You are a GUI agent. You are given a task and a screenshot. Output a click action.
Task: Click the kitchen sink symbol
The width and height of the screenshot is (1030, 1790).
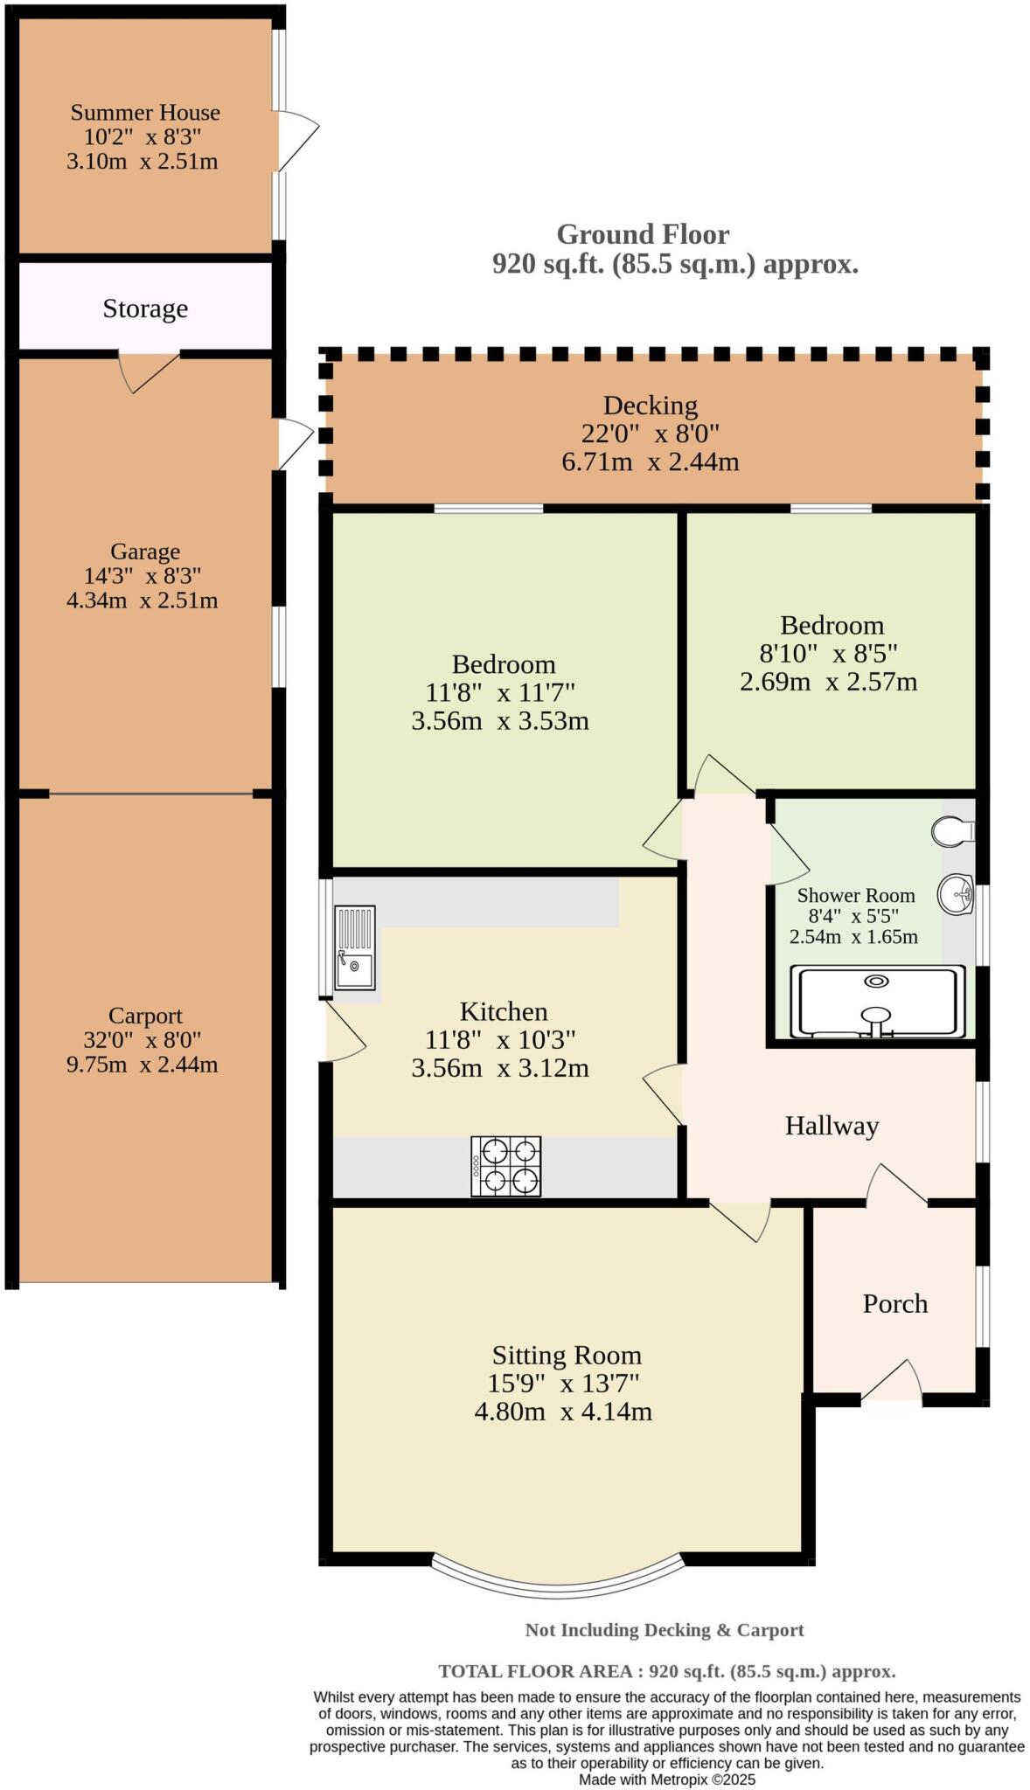(x=355, y=947)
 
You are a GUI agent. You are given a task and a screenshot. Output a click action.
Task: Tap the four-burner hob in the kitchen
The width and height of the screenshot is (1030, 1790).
(x=505, y=1166)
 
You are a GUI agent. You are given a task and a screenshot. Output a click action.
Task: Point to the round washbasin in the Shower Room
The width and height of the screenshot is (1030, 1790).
(x=956, y=894)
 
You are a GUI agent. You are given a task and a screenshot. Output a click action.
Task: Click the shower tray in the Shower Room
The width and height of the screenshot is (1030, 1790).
(x=877, y=1001)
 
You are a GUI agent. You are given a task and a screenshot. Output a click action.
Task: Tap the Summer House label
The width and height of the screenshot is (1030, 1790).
(x=145, y=113)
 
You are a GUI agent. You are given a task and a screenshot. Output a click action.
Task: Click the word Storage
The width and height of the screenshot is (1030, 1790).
(x=145, y=309)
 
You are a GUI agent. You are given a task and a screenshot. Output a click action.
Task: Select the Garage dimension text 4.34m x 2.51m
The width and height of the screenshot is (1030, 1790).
(x=143, y=600)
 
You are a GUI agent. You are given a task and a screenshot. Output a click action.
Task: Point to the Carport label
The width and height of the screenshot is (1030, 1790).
(x=145, y=1016)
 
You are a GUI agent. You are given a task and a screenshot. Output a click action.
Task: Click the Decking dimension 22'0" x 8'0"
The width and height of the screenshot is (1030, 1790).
(x=650, y=434)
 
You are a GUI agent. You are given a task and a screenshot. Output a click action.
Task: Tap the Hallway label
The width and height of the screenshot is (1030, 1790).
(x=831, y=1126)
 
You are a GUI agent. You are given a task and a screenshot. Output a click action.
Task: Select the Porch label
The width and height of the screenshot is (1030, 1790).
(x=894, y=1303)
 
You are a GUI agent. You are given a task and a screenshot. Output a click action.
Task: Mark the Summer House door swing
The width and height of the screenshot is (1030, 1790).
(x=297, y=140)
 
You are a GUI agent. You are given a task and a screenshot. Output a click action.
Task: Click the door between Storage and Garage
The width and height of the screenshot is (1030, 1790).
(x=150, y=371)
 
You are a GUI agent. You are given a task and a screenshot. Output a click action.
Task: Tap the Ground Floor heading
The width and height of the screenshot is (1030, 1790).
(x=643, y=234)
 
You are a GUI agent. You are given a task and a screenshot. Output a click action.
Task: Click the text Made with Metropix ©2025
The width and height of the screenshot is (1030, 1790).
(x=666, y=1779)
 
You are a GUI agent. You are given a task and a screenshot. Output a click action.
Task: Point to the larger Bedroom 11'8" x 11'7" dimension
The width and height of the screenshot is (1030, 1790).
(x=500, y=693)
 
